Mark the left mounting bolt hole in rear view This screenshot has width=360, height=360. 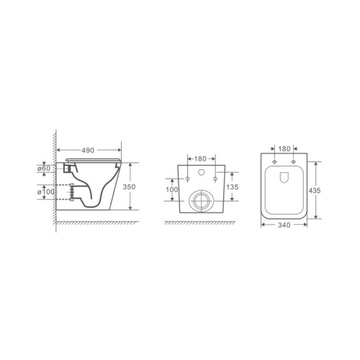187,178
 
